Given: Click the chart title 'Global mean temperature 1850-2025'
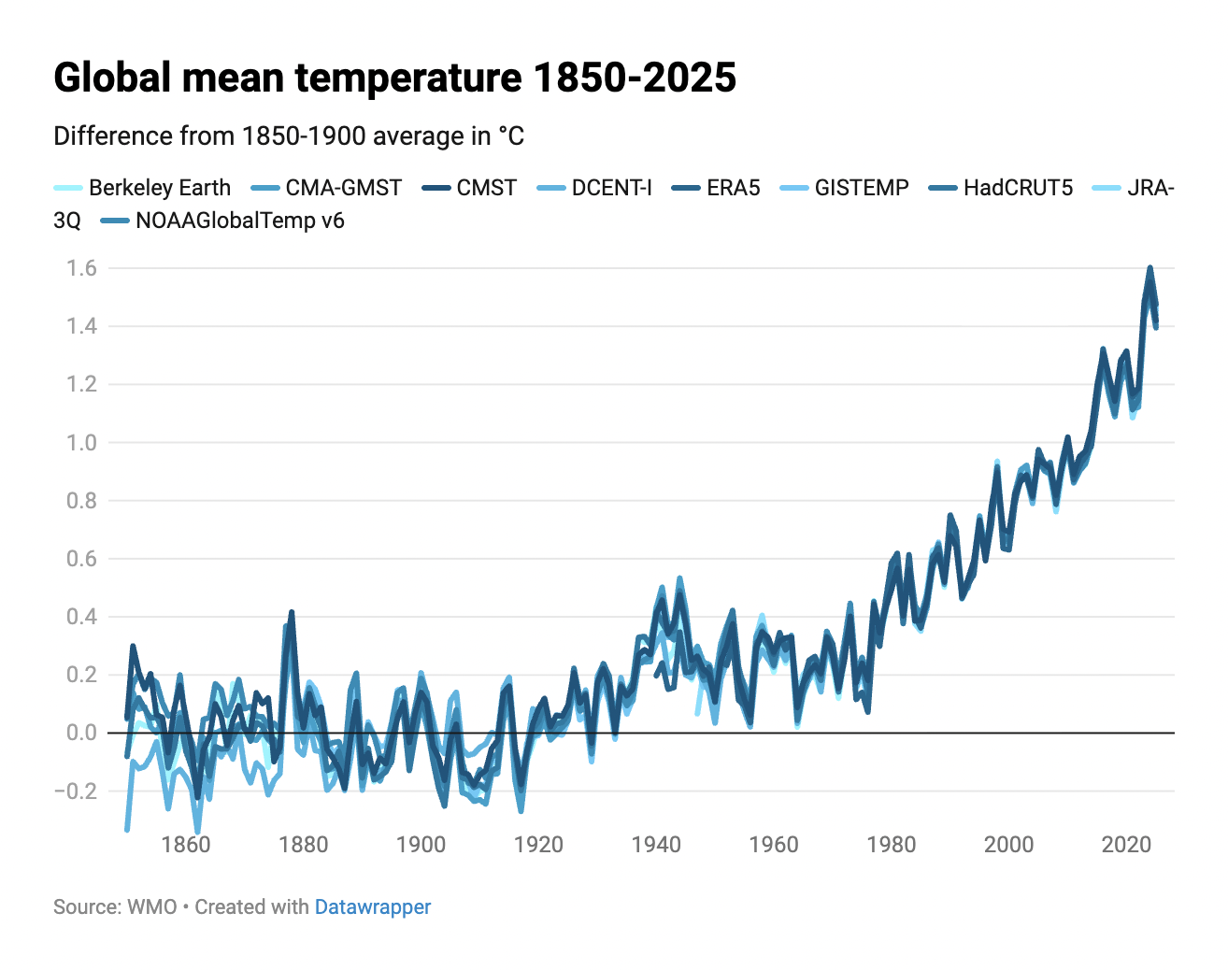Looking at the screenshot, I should [394, 78].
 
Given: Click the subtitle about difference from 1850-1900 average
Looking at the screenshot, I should [289, 136].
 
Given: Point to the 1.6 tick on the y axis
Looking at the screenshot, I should [81, 268].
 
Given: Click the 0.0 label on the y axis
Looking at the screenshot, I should [81, 733].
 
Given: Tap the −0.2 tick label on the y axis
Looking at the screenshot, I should [75, 791].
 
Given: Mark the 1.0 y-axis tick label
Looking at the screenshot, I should [81, 443].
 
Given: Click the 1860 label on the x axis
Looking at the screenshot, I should [186, 845].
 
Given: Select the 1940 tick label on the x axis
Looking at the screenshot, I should [656, 845].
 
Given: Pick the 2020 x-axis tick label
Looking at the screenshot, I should [1126, 845].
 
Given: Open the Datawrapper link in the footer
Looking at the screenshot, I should [373, 907].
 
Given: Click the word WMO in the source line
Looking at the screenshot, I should [152, 907].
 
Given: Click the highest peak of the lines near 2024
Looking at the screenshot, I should [1149, 268].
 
